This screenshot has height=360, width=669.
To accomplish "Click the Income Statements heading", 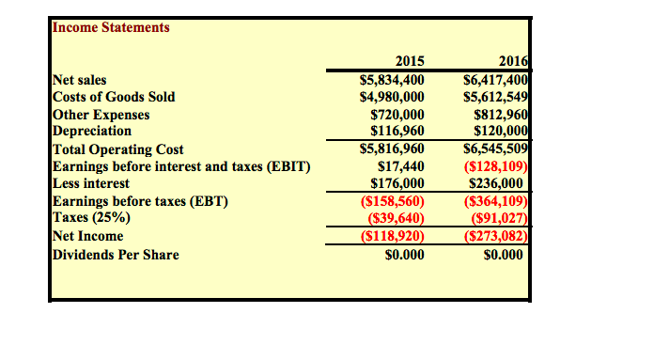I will click(x=111, y=27).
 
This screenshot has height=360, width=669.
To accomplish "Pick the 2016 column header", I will click(x=514, y=63).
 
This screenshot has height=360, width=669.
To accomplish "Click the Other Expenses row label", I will click(x=101, y=115).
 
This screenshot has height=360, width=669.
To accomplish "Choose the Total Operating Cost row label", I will click(x=117, y=149).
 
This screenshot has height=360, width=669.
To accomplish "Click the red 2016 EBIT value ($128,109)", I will click(x=499, y=166).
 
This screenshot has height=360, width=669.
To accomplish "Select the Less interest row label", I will click(x=91, y=183).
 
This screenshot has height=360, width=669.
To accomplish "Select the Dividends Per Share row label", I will click(x=116, y=254).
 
